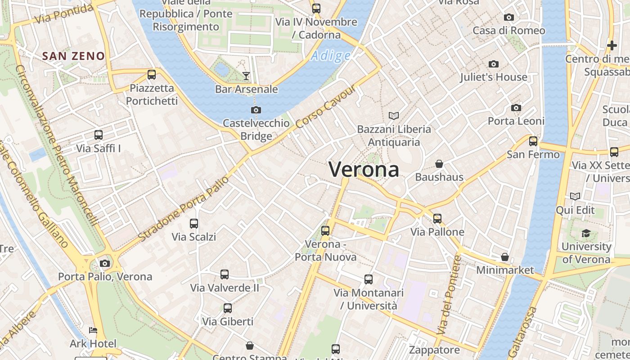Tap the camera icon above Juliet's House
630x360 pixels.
pyautogui.click(x=494, y=64)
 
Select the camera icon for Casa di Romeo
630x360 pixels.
pyautogui.click(x=509, y=17)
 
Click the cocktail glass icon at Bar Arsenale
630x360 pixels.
pyautogui.click(x=246, y=76)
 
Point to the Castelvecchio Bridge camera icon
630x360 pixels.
pyautogui.click(x=256, y=110)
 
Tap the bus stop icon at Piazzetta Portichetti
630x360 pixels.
pyautogui.click(x=152, y=74)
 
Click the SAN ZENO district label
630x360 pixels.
pyautogui.click(x=73, y=56)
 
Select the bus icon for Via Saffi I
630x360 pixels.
pyautogui.click(x=99, y=135)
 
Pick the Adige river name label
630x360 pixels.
pyautogui.click(x=331, y=56)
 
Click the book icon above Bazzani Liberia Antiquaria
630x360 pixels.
pyautogui.click(x=394, y=116)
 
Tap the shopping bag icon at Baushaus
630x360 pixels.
pyautogui.click(x=439, y=164)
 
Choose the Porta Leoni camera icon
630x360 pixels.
pyautogui.click(x=516, y=108)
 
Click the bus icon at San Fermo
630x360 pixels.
pyautogui.click(x=533, y=141)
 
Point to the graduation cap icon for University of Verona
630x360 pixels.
pyautogui.click(x=586, y=233)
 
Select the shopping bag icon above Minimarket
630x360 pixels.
pyautogui.click(x=505, y=257)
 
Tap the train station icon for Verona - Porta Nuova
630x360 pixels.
pyautogui.click(x=325, y=231)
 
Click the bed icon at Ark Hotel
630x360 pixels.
pyautogui.click(x=93, y=330)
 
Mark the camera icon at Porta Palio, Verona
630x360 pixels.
pyautogui.click(x=105, y=263)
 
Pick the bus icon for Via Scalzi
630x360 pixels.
pyautogui.click(x=194, y=223)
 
